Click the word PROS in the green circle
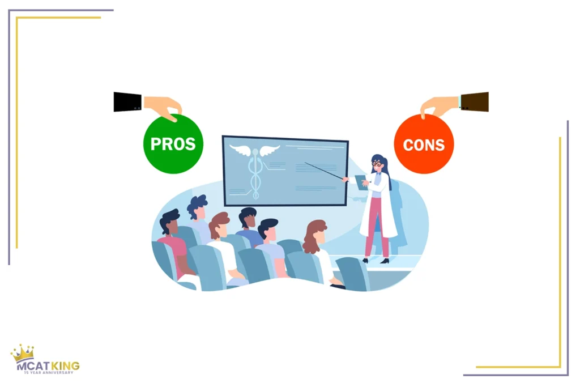[x=173, y=144]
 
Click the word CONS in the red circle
[x=424, y=144]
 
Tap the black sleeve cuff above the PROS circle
[x=127, y=102]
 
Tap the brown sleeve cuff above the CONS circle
[x=474, y=102]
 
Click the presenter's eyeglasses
[x=377, y=164]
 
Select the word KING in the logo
[x=65, y=365]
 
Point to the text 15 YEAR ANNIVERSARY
[x=49, y=373]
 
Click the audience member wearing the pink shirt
[x=173, y=244]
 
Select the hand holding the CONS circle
[x=440, y=107]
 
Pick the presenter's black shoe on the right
[x=385, y=261]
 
